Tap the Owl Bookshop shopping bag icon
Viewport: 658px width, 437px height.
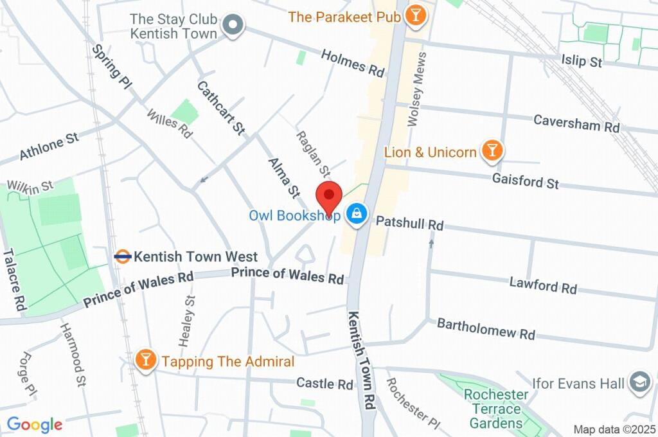355,215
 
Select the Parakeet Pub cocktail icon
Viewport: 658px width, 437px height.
416,16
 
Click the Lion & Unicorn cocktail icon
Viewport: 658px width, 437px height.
492,151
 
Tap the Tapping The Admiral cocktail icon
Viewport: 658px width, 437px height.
147,361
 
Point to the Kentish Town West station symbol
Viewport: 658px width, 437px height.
123,256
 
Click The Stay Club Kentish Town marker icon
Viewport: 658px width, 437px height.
233,26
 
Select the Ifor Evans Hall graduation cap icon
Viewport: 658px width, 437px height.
639,383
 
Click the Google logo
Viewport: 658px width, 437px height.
34,424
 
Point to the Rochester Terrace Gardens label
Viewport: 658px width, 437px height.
495,409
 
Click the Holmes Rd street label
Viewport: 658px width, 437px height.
353,61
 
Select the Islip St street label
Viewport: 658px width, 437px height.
581,61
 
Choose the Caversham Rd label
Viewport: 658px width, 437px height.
576,123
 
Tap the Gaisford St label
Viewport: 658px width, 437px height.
525,181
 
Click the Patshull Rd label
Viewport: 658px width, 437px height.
409,224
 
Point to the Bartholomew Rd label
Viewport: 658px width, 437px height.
486,328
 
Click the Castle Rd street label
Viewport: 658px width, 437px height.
325,384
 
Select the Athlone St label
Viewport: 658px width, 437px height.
49,147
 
